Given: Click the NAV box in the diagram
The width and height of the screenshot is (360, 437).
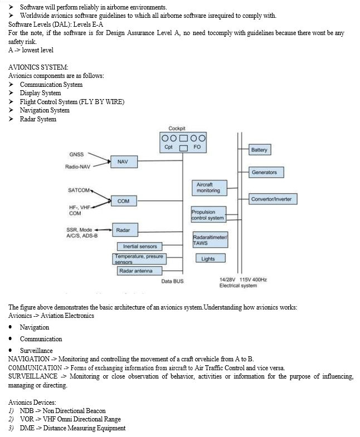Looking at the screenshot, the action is click(124, 161).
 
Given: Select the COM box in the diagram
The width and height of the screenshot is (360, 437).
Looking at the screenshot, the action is click(124, 201).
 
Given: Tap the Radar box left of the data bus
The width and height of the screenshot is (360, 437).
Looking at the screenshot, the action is click(125, 230).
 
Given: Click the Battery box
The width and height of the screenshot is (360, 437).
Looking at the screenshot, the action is click(260, 150).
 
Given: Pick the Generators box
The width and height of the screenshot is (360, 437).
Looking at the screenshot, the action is click(266, 172).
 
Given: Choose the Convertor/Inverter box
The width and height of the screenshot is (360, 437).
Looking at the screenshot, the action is click(273, 199).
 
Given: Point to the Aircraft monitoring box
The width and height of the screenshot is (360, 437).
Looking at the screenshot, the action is click(210, 188).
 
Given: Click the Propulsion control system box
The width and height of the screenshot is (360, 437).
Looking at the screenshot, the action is click(208, 214).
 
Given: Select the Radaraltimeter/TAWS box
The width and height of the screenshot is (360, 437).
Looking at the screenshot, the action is click(210, 240).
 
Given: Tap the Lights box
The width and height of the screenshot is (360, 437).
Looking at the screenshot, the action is click(210, 258).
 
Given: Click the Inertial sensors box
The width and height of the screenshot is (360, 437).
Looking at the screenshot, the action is click(139, 247).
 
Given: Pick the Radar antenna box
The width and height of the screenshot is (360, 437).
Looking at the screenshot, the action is click(139, 271).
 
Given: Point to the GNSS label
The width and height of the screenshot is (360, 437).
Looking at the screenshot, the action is click(76, 154).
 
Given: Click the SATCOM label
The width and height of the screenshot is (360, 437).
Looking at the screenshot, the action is click(79, 190).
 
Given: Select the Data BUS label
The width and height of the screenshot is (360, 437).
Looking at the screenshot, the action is click(172, 281).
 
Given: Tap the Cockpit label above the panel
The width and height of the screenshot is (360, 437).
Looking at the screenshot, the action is click(177, 129).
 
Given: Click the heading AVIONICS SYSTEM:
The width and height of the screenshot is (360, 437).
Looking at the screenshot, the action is click(38, 67).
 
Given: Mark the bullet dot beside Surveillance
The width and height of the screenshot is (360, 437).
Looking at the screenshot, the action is click(11, 350).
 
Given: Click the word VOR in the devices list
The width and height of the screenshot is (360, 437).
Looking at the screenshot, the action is click(27, 419).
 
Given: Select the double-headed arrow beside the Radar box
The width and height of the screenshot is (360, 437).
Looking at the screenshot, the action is click(103, 230).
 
